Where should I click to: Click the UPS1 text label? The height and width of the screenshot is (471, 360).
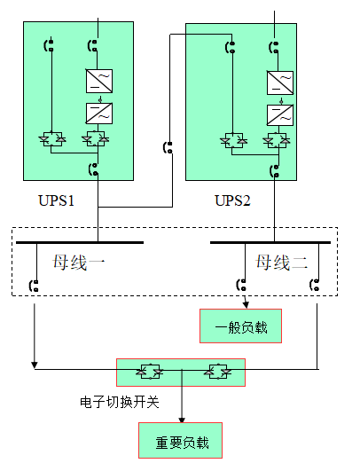[56, 200]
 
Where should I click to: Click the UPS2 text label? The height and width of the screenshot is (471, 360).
[233, 200]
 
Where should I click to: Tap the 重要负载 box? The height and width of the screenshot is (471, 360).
[180, 441]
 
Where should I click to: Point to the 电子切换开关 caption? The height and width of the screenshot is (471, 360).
[119, 403]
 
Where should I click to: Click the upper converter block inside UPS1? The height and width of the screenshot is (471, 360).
[98, 82]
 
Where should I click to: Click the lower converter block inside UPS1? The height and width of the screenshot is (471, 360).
[98, 113]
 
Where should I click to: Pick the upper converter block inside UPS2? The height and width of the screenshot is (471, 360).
[280, 83]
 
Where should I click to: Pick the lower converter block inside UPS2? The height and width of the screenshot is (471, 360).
[280, 114]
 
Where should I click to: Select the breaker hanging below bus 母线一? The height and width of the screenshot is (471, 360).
[35, 286]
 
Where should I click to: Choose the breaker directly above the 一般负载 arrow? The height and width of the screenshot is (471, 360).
[243, 286]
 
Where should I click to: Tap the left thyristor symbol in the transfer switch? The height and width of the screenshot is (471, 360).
[143, 371]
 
